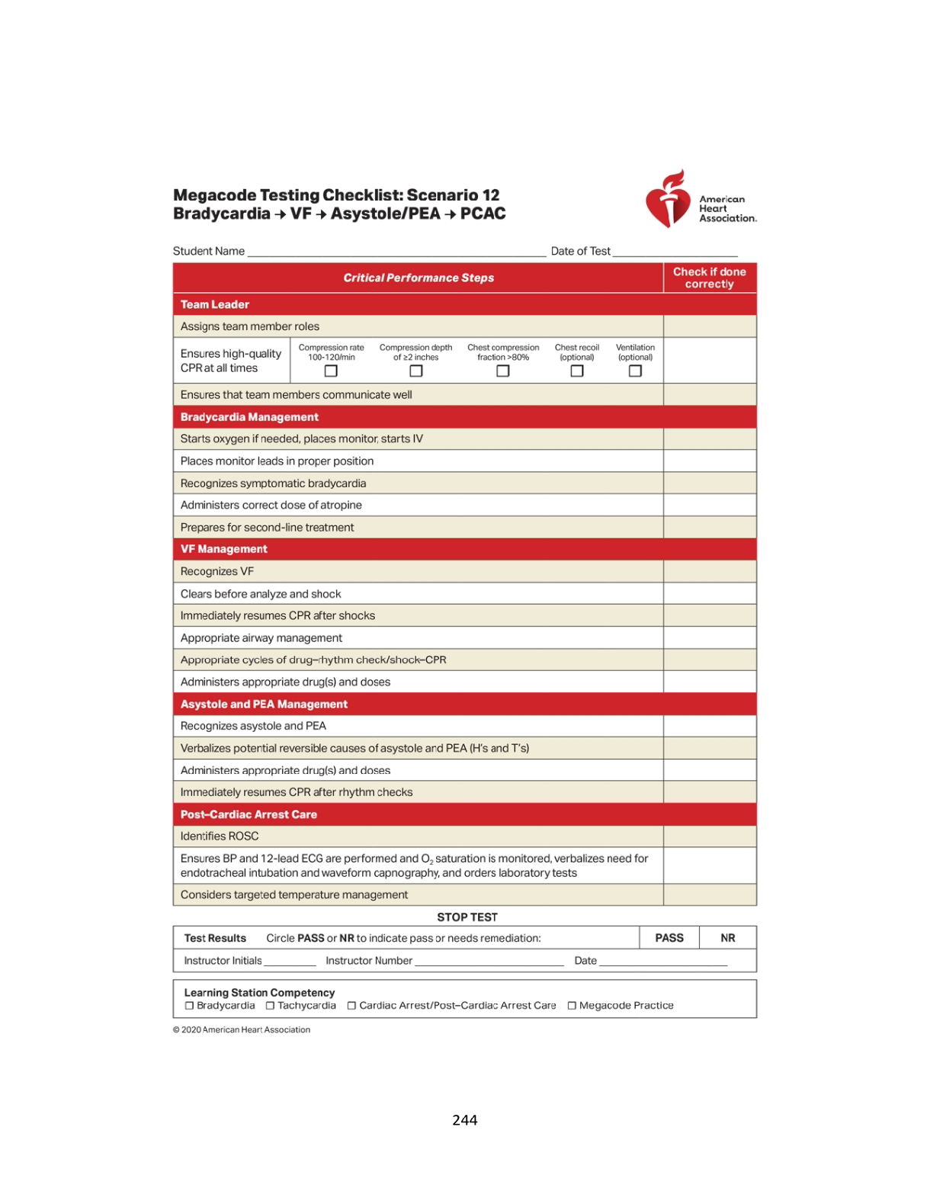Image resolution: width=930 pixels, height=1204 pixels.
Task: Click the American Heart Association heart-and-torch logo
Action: coord(668,198)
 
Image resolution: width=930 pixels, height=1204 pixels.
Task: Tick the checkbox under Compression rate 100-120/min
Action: coord(331,371)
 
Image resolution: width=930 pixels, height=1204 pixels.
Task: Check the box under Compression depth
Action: coord(415,371)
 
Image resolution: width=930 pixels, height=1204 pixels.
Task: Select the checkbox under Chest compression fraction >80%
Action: coord(502,371)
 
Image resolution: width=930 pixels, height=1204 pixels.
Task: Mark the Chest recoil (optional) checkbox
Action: coord(577,371)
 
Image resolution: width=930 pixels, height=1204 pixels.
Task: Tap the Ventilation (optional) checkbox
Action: coord(635,371)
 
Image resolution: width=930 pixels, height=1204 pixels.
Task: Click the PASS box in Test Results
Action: coord(669,938)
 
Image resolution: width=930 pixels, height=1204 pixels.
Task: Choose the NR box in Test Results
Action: coord(728,938)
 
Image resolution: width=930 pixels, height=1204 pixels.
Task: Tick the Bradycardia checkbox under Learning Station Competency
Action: coord(190,1006)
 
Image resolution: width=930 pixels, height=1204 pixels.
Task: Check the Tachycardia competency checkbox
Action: coord(270,1006)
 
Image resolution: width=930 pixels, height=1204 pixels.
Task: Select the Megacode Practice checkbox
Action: coord(572,1006)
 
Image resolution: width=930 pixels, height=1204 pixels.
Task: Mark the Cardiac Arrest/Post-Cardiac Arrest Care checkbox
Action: coord(351,1006)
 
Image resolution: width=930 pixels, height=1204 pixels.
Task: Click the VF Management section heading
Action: coord(224,549)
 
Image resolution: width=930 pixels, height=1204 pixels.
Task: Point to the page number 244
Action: coord(465,1120)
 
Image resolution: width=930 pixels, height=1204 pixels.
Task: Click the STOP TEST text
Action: coord(467,917)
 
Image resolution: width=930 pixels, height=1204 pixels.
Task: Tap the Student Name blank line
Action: coord(396,253)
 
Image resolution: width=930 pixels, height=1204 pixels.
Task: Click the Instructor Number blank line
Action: coord(489,962)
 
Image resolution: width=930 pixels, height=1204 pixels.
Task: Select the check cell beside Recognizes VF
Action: coord(710,571)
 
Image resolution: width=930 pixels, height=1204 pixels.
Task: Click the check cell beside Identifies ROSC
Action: coord(710,836)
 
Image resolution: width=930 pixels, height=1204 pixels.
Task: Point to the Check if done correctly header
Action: coord(710,278)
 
